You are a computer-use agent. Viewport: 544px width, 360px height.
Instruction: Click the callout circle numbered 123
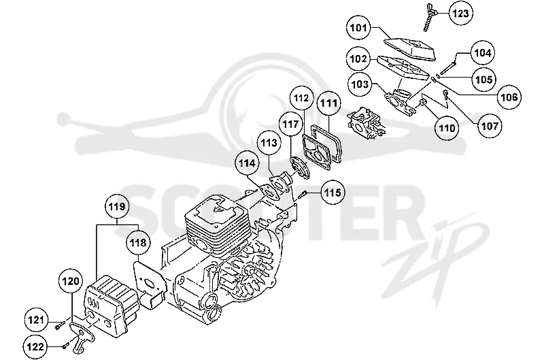pos(461,13)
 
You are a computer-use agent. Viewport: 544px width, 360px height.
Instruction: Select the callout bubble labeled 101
pos(358,28)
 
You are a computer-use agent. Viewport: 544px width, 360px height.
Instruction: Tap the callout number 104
pos(483,53)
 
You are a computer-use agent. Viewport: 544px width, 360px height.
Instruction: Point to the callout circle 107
pos(490,126)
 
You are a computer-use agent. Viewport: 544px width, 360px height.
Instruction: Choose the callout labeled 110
pos(447,128)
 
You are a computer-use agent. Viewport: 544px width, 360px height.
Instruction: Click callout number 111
pos(328,103)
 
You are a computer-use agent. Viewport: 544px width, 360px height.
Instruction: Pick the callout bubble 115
pos(333,192)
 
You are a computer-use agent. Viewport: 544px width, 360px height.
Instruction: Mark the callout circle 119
pos(117,207)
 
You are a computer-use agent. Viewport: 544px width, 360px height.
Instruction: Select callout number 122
pos(35,346)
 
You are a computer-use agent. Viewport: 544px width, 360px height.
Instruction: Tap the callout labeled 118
pos(138,242)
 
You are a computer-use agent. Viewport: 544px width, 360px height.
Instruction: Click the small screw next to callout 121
pos(60,325)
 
